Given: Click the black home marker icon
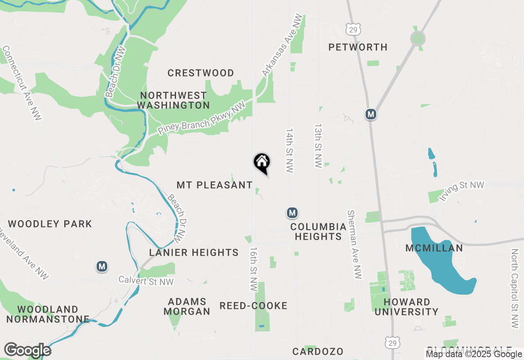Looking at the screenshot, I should (x=262, y=162).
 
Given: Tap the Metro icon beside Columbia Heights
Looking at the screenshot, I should (x=292, y=213).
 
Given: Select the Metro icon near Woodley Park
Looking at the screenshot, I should (x=102, y=267).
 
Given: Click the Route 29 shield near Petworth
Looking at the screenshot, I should (x=352, y=29).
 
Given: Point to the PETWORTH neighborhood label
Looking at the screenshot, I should (x=358, y=47).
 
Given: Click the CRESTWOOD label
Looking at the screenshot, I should (x=201, y=73).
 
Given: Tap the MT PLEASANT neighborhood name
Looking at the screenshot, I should (x=215, y=185).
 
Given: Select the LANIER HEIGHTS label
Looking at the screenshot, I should (x=194, y=253).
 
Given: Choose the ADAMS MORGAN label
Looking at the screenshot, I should (x=187, y=306).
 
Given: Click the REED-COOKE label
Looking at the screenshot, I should (x=253, y=306).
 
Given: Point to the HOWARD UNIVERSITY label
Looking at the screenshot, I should (x=407, y=307).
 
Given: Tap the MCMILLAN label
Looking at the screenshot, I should (x=434, y=248).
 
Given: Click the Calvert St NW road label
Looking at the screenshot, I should (x=146, y=281).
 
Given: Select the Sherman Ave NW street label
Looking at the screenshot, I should (x=354, y=244).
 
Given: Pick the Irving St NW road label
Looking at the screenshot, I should (x=461, y=191).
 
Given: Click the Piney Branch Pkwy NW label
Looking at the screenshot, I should (x=201, y=118).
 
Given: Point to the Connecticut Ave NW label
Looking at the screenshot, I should (x=22, y=83).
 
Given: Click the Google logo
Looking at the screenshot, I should (x=27, y=350).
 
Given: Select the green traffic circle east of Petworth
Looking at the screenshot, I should (x=418, y=39).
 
